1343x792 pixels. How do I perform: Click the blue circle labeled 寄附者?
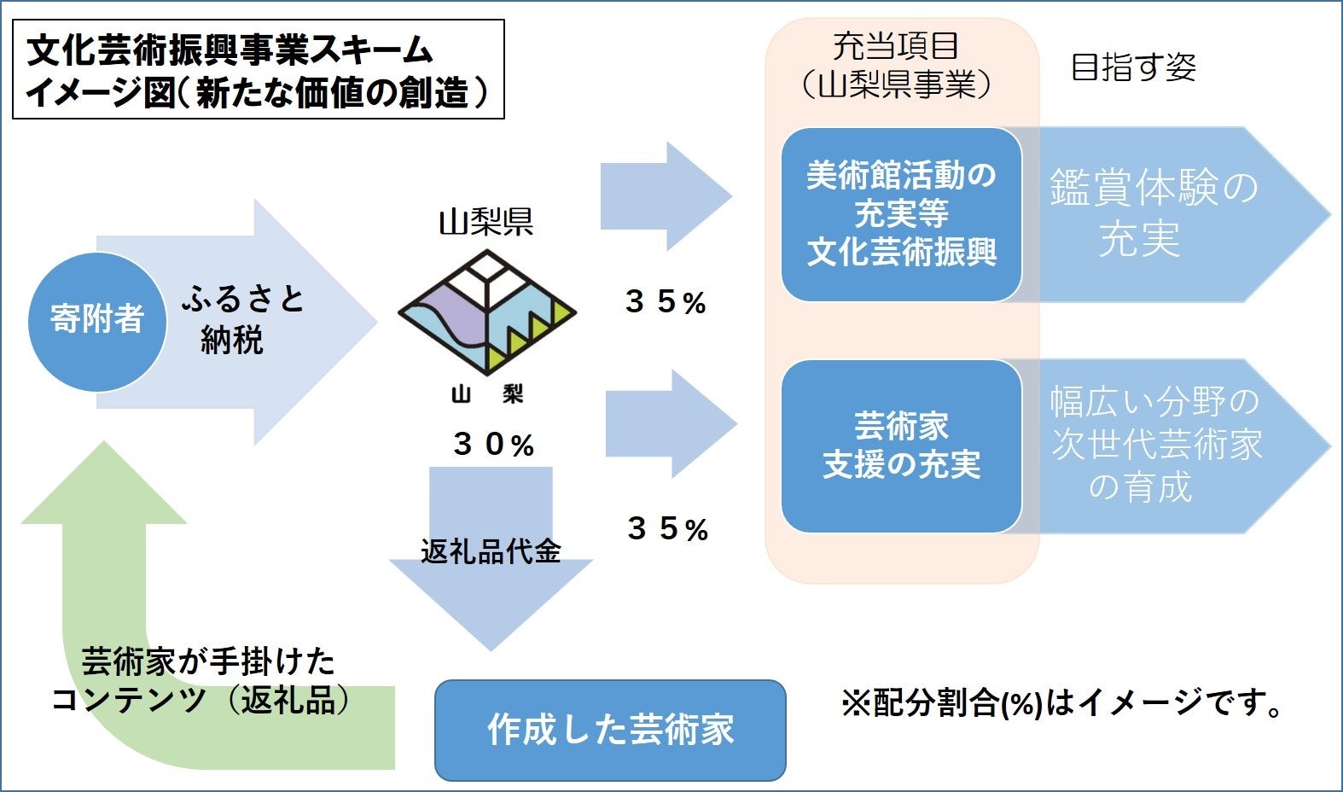tap(96, 320)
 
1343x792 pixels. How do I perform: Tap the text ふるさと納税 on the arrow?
tap(241, 319)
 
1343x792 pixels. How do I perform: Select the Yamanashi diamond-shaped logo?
tap(487, 312)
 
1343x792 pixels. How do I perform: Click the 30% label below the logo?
tap(494, 445)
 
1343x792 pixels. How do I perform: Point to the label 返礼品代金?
tap(491, 551)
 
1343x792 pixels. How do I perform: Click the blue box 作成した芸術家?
tap(610, 730)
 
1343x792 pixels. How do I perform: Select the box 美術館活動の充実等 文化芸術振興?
tap(901, 214)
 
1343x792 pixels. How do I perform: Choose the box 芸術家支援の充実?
tap(901, 446)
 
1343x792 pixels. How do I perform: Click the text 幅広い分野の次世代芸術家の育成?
tap(1155, 445)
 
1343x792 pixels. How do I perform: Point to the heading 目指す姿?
tap(1133, 67)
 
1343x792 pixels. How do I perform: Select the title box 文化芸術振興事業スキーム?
tap(258, 70)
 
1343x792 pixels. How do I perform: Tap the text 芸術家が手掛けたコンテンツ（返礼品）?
tap(202, 681)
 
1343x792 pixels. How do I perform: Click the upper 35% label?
tap(666, 302)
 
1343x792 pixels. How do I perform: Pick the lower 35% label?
tap(667, 529)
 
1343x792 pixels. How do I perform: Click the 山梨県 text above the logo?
tap(486, 222)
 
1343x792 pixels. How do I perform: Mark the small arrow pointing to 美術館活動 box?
tap(664, 196)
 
